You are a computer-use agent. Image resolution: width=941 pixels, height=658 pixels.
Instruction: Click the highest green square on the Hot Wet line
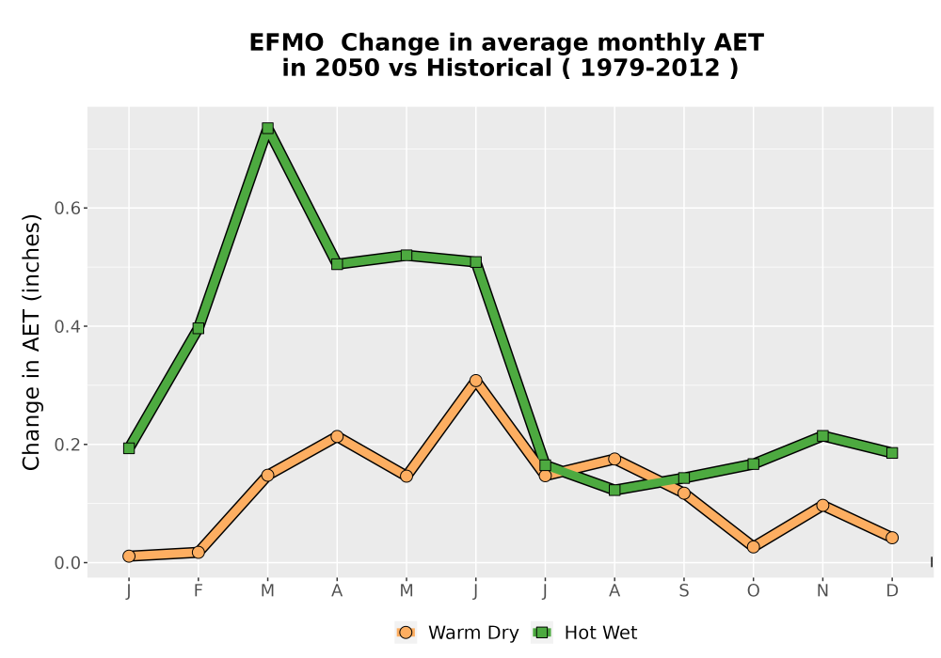[267, 128]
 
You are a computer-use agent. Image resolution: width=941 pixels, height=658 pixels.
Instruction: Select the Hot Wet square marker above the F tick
[198, 328]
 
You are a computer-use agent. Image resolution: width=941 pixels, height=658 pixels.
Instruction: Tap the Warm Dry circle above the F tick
[198, 552]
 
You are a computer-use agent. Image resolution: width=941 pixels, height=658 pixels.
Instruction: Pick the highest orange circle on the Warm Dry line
[476, 381]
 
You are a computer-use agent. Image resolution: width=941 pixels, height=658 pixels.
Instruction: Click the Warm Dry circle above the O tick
[753, 546]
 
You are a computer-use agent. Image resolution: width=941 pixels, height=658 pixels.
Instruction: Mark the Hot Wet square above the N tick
[822, 435]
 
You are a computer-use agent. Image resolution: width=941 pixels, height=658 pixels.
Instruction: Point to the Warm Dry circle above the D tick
[892, 538]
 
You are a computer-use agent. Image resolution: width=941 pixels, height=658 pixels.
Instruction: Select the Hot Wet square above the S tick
[683, 478]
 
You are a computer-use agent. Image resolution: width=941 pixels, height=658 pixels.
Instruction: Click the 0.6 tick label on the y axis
[67, 208]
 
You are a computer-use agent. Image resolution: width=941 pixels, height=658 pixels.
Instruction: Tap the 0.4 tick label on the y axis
[67, 326]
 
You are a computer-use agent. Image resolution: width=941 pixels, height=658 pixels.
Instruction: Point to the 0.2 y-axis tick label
[67, 445]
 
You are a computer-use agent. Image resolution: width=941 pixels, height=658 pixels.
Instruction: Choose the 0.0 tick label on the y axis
[67, 563]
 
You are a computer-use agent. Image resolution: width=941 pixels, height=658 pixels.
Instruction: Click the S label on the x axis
[683, 591]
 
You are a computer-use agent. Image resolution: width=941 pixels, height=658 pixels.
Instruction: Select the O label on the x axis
[753, 591]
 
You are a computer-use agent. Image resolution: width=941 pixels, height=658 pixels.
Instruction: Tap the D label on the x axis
[892, 591]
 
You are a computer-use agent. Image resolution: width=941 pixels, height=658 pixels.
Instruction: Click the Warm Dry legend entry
[456, 633]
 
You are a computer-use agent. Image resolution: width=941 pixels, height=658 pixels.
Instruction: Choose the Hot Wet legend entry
[584, 633]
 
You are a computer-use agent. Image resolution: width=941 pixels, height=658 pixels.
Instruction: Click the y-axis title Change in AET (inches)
[32, 341]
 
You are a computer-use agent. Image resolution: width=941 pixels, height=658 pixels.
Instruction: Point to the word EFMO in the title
[286, 43]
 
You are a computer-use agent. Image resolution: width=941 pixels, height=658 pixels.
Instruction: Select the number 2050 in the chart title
[347, 69]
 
